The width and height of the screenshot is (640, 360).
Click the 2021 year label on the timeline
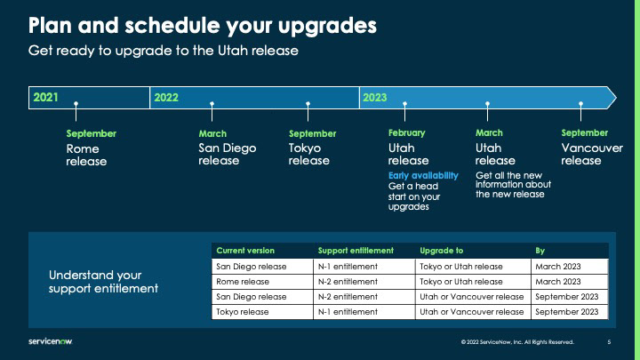(x=45, y=97)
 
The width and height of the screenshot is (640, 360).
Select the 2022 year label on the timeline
(x=166, y=98)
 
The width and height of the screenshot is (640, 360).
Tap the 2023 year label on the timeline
(x=375, y=98)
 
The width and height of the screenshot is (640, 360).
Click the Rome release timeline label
(x=86, y=155)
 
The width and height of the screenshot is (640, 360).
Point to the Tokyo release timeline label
(x=309, y=155)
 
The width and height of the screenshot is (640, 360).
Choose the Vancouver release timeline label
(x=592, y=155)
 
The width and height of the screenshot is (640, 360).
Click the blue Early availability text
(x=423, y=175)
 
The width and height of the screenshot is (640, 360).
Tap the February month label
(x=406, y=132)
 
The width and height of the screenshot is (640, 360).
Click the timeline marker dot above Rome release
(x=76, y=104)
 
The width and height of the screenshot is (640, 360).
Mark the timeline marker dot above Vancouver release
(x=580, y=104)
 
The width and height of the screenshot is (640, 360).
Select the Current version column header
(x=245, y=251)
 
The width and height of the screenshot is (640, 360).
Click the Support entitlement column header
(x=356, y=251)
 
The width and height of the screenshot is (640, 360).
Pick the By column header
(x=540, y=251)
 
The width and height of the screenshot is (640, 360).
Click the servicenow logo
(x=50, y=341)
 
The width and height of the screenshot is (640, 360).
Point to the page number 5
(x=609, y=342)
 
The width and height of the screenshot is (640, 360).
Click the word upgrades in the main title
(x=327, y=26)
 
